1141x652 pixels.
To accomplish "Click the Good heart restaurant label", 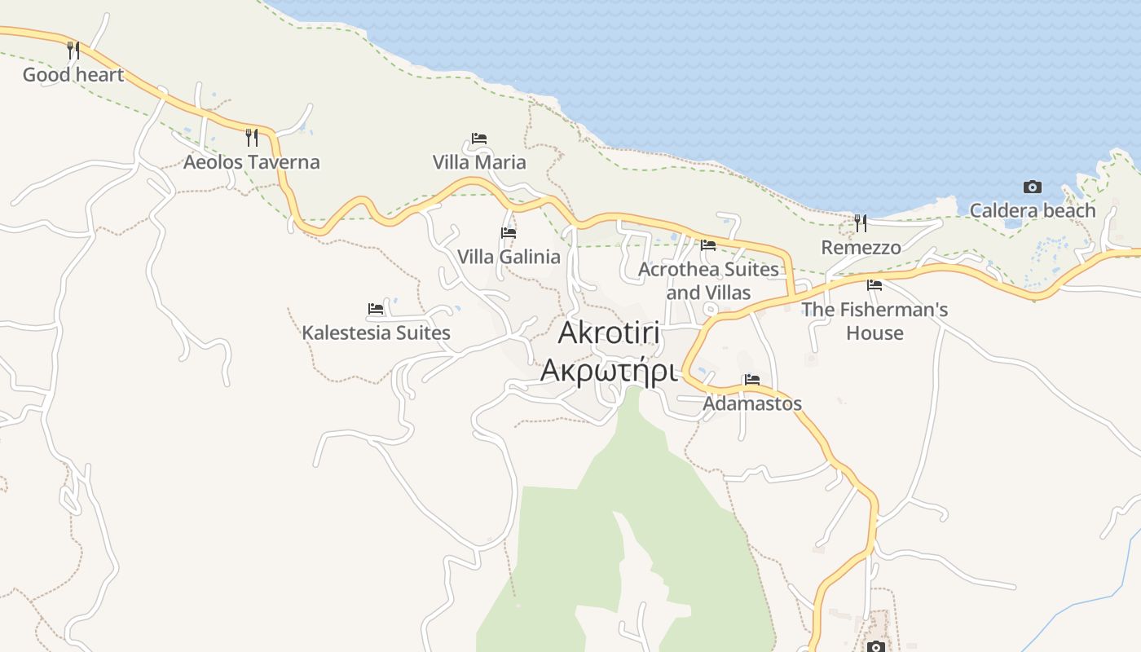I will (x=73, y=75).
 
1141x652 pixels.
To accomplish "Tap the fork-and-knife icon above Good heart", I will (x=73, y=51).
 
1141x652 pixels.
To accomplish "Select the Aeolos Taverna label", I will (x=251, y=162).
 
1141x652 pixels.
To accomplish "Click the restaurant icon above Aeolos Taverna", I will (x=252, y=137).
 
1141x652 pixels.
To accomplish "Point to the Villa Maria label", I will (x=479, y=162).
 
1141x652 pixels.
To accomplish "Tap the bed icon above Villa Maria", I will (x=479, y=139).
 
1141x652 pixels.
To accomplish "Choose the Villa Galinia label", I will (x=509, y=258).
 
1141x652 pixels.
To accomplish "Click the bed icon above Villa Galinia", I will (x=509, y=233).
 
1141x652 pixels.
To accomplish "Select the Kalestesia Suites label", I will (x=376, y=333).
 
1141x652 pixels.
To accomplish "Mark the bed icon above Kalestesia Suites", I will (x=376, y=309).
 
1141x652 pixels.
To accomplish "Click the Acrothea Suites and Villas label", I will (x=708, y=280).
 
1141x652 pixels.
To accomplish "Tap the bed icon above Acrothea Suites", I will (x=708, y=244).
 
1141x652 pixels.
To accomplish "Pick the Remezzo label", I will (x=861, y=248).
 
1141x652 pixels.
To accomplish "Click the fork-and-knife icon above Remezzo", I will (x=861, y=222).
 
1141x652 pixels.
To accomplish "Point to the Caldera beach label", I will (x=1033, y=211).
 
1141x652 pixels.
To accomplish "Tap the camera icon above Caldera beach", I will (x=1033, y=187).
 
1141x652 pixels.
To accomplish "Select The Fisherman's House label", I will (x=874, y=321).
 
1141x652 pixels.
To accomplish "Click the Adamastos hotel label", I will (x=752, y=403).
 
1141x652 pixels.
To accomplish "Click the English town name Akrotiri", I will (x=609, y=333).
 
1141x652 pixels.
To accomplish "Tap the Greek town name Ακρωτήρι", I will (x=609, y=371).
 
